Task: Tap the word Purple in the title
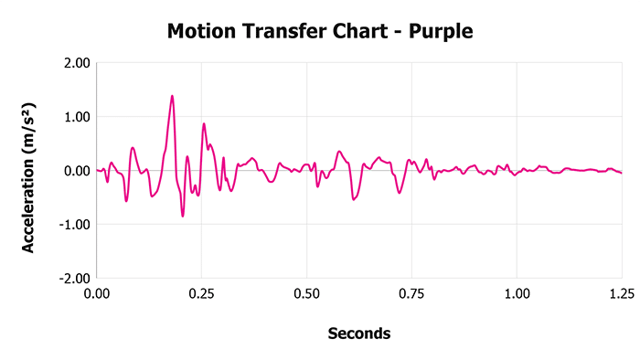[442, 32]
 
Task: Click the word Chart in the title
[358, 32]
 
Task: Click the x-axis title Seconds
[359, 334]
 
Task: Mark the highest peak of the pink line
[172, 96]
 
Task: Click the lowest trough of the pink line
[183, 217]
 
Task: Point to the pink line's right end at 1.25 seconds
[622, 173]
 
